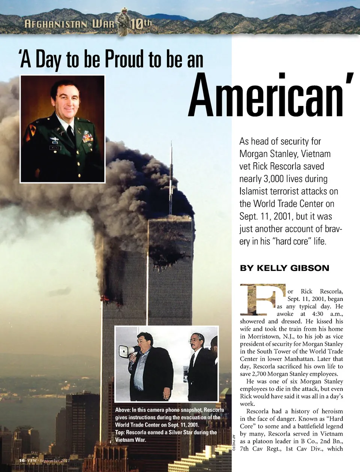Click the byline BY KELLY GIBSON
284,268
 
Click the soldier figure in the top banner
123,22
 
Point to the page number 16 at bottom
22,460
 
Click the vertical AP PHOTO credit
233,442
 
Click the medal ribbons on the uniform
87,137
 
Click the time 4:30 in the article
317,314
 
